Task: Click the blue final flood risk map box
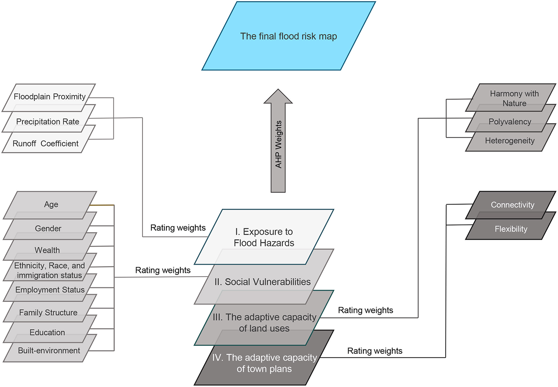pyautogui.click(x=288, y=36)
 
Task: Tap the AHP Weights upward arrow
pyautogui.click(x=278, y=142)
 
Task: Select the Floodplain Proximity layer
pyautogui.click(x=49, y=96)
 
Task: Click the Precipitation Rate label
pyautogui.click(x=48, y=122)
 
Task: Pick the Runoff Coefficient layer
pyautogui.click(x=46, y=144)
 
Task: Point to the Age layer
pyautogui.click(x=51, y=204)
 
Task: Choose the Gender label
pyautogui.click(x=48, y=228)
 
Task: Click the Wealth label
pyautogui.click(x=47, y=250)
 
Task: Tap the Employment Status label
pyautogui.click(x=50, y=290)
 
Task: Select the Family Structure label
pyautogui.click(x=48, y=313)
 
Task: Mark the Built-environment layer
pyautogui.click(x=49, y=351)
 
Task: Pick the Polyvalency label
pyautogui.click(x=510, y=122)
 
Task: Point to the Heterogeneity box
pyautogui.click(x=510, y=141)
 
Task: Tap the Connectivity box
pyautogui.click(x=512, y=205)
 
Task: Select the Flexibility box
pyautogui.click(x=511, y=229)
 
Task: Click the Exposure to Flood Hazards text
pyautogui.click(x=264, y=237)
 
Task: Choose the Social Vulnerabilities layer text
pyautogui.click(x=262, y=282)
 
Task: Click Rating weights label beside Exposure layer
pyautogui.click(x=178, y=228)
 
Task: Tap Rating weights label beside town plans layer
pyautogui.click(x=375, y=351)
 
